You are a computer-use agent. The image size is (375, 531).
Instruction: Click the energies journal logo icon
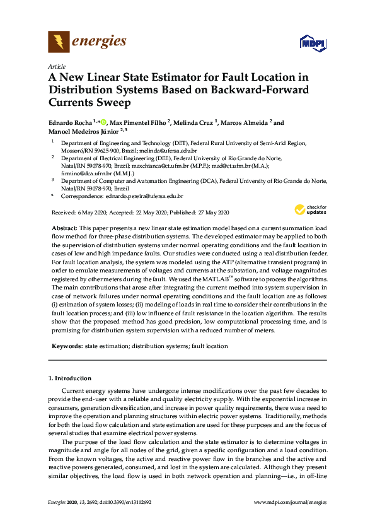pyautogui.click(x=58, y=42)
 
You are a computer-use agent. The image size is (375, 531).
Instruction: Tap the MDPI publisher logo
pyautogui.click(x=312, y=43)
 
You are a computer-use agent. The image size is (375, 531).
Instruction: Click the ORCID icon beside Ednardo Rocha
pyautogui.click(x=104, y=122)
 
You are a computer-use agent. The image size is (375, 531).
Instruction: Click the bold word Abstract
pyautogui.click(x=63, y=227)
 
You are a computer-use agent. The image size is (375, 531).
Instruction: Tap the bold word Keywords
pyautogui.click(x=66, y=346)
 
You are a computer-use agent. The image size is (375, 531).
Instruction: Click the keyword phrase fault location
pyautogui.click(x=210, y=346)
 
